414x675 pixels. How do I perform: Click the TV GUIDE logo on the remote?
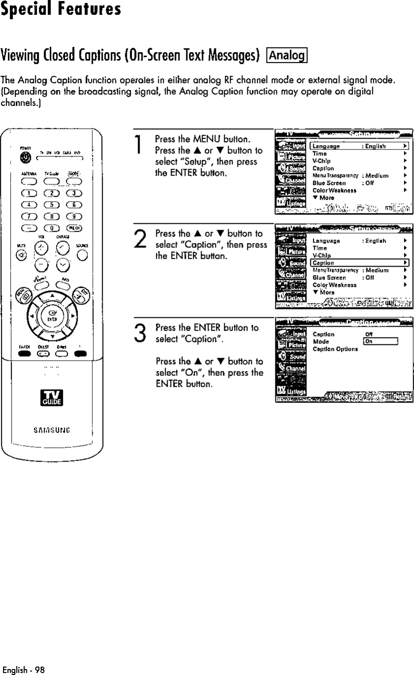[x=51, y=399]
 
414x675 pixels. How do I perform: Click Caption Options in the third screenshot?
[x=336, y=349]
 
